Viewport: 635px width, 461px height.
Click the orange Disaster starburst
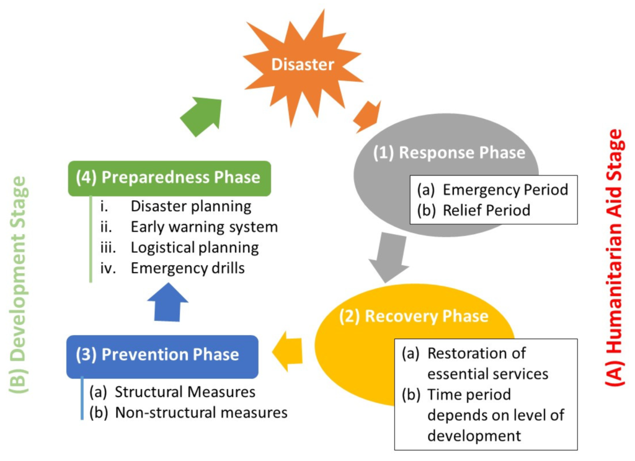[302, 64]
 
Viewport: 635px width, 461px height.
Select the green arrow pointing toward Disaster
[202, 114]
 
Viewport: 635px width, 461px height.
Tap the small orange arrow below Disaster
[367, 116]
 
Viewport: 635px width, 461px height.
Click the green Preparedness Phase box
[169, 178]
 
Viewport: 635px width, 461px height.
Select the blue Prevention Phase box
[161, 355]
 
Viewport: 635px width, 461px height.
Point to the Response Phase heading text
[449, 153]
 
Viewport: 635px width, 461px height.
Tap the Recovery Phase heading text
[414, 316]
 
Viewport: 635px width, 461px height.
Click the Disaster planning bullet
[190, 206]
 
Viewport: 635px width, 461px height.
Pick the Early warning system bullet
[204, 227]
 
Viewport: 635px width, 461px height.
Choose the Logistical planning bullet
[194, 247]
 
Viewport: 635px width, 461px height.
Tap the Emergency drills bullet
[187, 268]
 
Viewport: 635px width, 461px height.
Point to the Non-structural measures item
[201, 412]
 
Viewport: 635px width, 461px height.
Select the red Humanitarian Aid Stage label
[613, 257]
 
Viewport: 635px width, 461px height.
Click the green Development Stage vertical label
[19, 285]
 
